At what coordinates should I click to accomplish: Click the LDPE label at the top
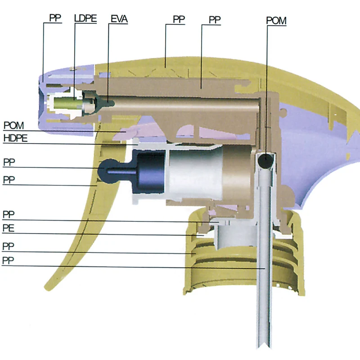pos(85,18)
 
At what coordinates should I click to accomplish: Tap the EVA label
pos(119,19)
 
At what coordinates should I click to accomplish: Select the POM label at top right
pos(276,21)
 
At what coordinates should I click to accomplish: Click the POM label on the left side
pos(13,126)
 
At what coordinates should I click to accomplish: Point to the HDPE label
pos(15,138)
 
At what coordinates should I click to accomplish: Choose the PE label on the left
pos(9,228)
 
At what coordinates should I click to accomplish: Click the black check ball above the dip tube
pos(265,161)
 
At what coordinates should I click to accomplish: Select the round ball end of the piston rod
pos(108,171)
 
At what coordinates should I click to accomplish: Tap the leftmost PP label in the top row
pos(55,18)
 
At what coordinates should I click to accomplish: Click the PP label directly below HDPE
pos(9,162)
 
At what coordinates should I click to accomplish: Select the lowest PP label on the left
pos(8,261)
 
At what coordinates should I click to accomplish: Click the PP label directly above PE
pos(9,215)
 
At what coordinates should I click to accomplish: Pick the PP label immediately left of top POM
pos(215,20)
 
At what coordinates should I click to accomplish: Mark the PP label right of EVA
pos(179,19)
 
